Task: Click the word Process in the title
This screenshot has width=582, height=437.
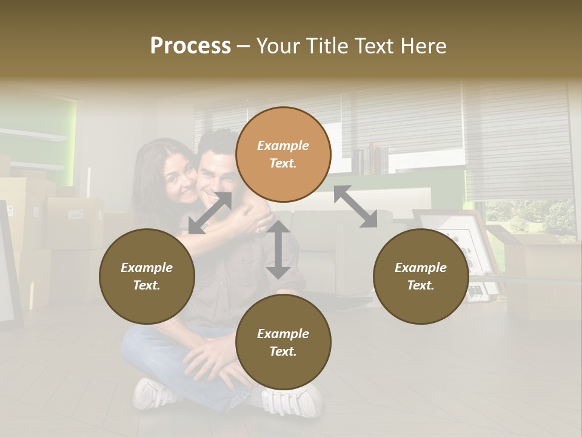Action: pos(190,46)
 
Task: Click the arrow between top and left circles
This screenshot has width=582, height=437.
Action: pos(210,213)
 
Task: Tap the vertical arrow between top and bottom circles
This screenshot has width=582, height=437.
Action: pos(278,249)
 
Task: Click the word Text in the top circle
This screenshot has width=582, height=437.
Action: pos(283,163)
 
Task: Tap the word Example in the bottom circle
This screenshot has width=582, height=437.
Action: pos(283,334)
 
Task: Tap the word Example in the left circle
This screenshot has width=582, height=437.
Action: pos(147,268)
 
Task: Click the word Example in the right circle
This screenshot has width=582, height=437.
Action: pos(421,268)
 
